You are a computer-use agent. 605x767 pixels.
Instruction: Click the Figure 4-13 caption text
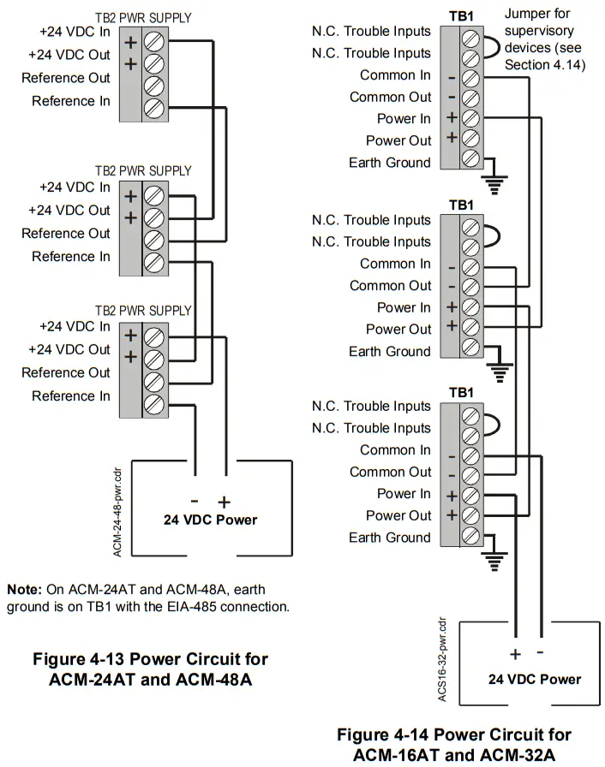point(150,669)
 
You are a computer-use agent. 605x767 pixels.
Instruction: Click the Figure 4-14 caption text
point(453,745)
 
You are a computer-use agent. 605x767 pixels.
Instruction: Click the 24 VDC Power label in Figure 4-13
point(210,520)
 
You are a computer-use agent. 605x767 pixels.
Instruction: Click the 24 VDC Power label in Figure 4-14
point(534,679)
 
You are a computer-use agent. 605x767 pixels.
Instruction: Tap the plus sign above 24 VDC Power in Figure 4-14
point(515,655)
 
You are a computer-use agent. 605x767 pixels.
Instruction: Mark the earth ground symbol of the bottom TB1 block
point(495,562)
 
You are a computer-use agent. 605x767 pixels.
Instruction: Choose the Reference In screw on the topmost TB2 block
point(154,108)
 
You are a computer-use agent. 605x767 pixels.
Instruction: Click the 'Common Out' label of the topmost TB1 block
point(390,97)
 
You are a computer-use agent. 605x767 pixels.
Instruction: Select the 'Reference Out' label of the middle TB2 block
point(66,233)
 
